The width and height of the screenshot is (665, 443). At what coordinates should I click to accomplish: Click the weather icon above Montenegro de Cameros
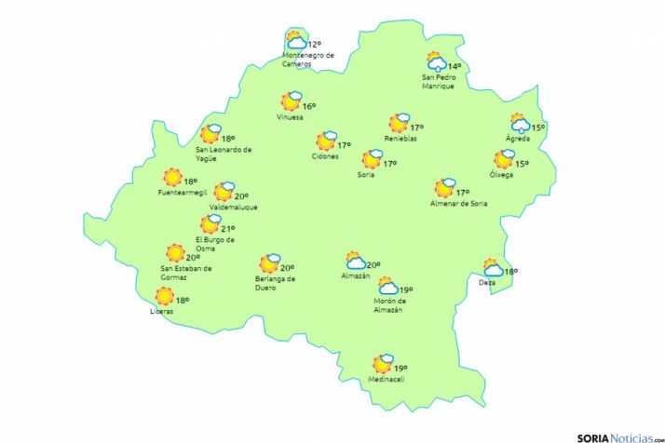coord(296,41)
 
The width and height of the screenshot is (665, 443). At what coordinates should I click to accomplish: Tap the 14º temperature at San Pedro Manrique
coord(455,66)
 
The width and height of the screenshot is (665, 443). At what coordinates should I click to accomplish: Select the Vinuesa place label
coord(290,117)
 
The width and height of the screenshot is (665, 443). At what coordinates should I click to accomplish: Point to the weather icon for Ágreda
coord(520,125)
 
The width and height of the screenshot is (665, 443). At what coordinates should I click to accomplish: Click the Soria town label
coord(366,174)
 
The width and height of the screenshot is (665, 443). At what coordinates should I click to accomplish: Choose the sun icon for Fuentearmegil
coord(172,178)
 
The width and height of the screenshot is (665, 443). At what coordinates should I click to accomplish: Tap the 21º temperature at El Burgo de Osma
coord(227,228)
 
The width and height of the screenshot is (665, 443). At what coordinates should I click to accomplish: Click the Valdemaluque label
coord(234,207)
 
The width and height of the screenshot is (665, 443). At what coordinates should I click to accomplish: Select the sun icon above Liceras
coord(165,297)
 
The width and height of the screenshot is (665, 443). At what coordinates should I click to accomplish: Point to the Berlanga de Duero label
coord(275,282)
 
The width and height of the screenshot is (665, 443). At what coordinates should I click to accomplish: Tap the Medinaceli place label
coord(383,382)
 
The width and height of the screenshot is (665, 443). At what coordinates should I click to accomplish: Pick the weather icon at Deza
coord(492,268)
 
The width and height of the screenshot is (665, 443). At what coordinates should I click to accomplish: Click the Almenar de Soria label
coord(459,204)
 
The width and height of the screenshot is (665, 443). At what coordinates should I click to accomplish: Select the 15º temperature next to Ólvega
coord(522,164)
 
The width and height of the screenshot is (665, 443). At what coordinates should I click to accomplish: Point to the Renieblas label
coord(400,139)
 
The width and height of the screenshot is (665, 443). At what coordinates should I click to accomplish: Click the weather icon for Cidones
coord(326,141)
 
